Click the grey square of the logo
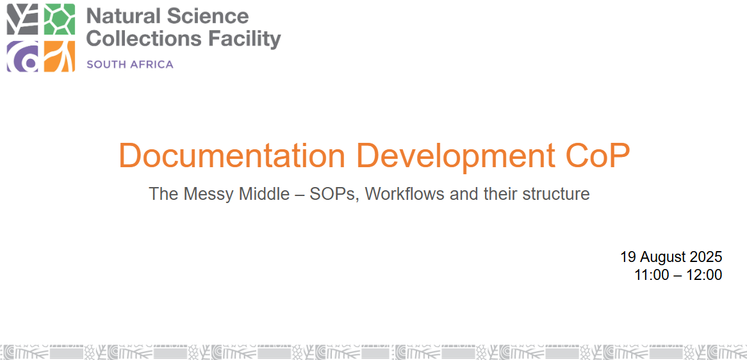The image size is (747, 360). click(22, 19)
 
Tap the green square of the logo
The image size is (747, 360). click(60, 19)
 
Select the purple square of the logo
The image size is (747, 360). click(22, 56)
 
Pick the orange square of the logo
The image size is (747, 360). click(60, 56)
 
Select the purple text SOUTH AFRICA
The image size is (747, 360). click(130, 64)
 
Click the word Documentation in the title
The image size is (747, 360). click(231, 155)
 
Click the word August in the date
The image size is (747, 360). click(662, 258)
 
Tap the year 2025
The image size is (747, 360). click(706, 257)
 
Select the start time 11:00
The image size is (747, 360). click(652, 275)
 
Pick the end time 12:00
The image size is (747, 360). click(704, 275)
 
